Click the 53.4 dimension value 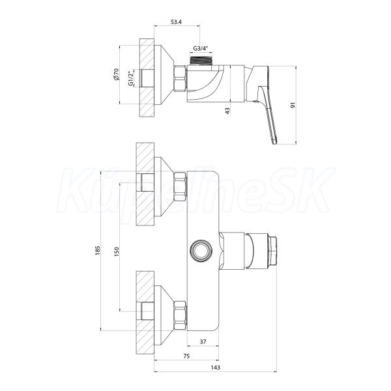click(176, 22)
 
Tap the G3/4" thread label click(201, 48)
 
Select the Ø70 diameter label click(116, 74)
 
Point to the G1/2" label click(130, 78)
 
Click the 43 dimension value click(227, 111)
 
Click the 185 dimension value click(98, 250)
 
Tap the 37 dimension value click(203, 341)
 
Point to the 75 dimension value click(186, 356)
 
